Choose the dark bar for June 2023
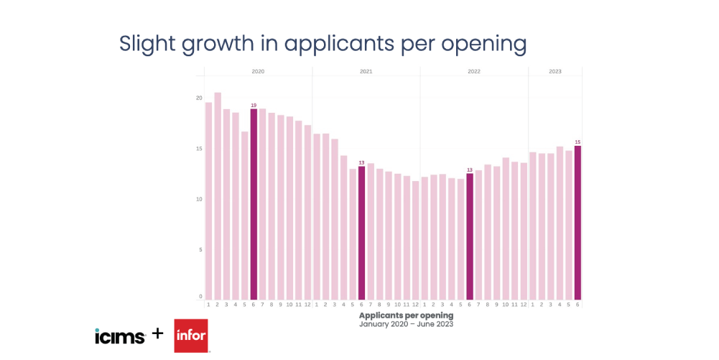pyautogui.click(x=577, y=223)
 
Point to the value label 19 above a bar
pyautogui.click(x=254, y=106)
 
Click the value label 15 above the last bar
pyautogui.click(x=577, y=142)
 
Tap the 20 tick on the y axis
pyautogui.click(x=199, y=98)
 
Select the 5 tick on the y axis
pyautogui.click(x=200, y=250)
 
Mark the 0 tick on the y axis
pyautogui.click(x=200, y=296)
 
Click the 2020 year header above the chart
pyautogui.click(x=258, y=72)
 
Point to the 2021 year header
pyautogui.click(x=366, y=72)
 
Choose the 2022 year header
pyautogui.click(x=474, y=72)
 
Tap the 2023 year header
pyautogui.click(x=555, y=72)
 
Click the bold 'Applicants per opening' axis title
pyautogui.click(x=406, y=315)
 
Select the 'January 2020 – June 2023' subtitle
pyautogui.click(x=406, y=324)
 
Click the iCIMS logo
pyautogui.click(x=120, y=336)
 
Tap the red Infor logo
pyautogui.click(x=190, y=336)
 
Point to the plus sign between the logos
pyautogui.click(x=158, y=335)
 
